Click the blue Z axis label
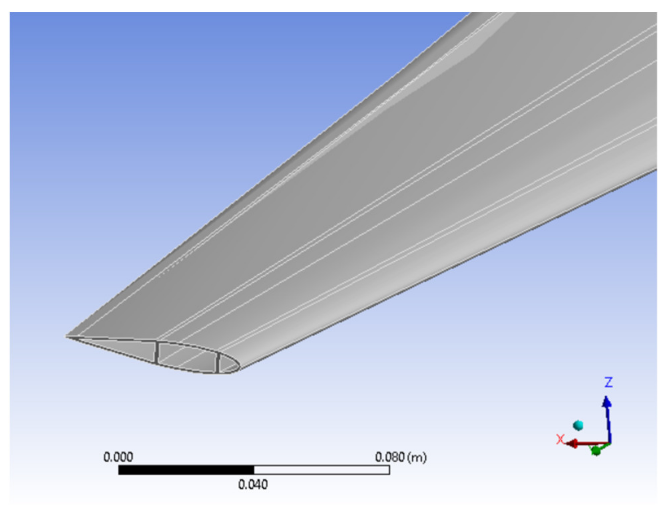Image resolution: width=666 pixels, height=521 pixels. [608, 382]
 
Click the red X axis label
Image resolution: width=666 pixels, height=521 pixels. [560, 439]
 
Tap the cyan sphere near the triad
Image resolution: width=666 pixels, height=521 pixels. [578, 425]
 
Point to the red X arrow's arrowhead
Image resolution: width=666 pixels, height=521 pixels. [572, 444]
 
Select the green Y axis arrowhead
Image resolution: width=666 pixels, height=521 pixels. [596, 451]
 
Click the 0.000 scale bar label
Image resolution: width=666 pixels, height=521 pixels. [118, 457]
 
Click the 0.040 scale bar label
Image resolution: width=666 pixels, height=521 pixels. [253, 485]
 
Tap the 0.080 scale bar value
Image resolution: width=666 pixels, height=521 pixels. [390, 457]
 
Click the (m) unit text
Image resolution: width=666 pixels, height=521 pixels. [417, 457]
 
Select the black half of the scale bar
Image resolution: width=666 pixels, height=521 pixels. [186, 470]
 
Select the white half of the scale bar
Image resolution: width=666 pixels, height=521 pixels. [321, 470]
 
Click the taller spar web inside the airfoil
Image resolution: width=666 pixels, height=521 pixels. [156, 352]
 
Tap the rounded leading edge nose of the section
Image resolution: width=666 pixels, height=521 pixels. [238, 367]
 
